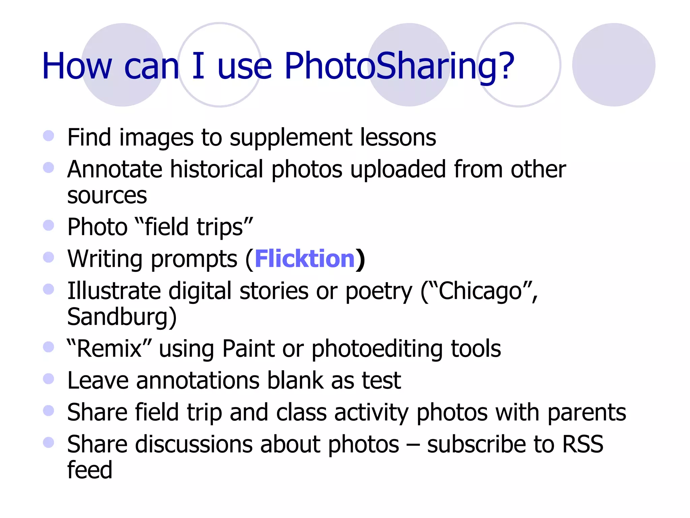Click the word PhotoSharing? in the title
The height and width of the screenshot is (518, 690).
coord(399,66)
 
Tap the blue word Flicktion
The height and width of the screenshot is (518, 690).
coord(305,259)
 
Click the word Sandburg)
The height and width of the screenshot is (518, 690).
coord(122,317)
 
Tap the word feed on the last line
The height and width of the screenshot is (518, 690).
coord(90,470)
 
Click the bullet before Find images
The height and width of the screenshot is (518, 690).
coord(49,136)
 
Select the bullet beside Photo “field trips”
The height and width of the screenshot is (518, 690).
coord(49,225)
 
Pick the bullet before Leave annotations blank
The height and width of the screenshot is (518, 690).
coord(49,379)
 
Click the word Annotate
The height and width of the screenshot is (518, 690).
coord(114,169)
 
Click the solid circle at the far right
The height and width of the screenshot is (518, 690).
coord(614,65)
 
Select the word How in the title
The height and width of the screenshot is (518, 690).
coord(77,66)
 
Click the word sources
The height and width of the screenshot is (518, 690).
coord(107,196)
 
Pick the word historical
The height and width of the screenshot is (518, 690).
coord(216,169)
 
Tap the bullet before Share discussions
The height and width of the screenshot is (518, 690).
coord(49,442)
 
